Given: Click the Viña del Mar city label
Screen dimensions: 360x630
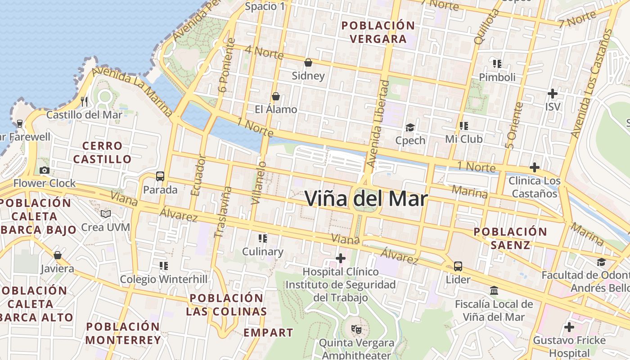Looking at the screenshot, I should point(366,198).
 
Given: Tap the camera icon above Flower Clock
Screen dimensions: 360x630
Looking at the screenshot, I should point(44,170).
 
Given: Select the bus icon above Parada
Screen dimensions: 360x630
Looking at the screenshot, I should point(160,176).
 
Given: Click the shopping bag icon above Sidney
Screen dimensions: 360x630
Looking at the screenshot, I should point(308,63).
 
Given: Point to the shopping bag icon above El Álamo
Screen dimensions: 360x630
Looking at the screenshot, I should point(276,96).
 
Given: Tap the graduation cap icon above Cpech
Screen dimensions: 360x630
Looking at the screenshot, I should point(410,127).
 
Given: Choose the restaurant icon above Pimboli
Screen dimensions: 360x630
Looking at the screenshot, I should point(497,64).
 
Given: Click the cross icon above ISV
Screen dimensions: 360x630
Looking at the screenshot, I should point(553,94).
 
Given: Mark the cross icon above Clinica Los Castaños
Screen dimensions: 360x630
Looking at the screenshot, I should point(535,167).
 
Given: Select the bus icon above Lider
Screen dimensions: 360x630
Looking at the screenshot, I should point(458,266).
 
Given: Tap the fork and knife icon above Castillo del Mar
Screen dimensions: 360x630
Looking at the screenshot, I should point(84,101).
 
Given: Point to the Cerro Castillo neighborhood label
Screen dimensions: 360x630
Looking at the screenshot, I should point(103,153).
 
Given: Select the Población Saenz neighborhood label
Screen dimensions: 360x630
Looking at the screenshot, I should point(510,238).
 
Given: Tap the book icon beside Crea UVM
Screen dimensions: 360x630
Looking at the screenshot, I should point(106,214).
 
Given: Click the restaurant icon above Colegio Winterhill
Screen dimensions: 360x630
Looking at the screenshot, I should point(164,266).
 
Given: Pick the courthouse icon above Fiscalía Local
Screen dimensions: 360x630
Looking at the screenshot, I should point(494,291).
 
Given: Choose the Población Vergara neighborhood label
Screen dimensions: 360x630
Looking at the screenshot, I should point(378,32).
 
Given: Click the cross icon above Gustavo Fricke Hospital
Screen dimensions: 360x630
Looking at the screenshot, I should point(569,327).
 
